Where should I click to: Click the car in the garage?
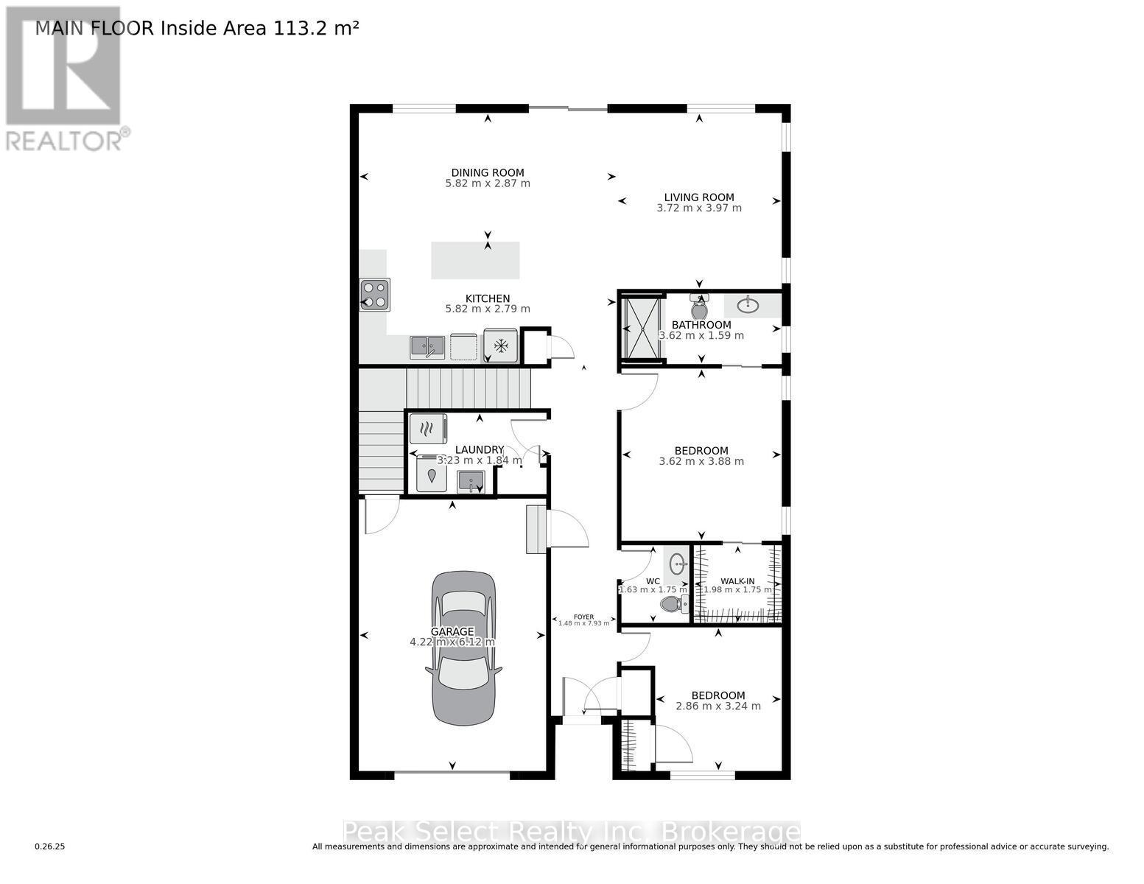463,648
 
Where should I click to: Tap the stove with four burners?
374,295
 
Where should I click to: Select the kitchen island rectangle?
475,260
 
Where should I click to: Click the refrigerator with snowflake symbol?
501,345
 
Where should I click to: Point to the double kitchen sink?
427,346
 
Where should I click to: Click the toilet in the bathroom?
699,307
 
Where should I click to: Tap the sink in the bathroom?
748,304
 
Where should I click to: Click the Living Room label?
699,197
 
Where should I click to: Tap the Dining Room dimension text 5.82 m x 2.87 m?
488,183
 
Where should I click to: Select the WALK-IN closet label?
737,581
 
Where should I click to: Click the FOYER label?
583,617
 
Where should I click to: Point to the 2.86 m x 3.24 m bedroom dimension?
718,706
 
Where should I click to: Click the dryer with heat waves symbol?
427,428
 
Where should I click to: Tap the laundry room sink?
470,483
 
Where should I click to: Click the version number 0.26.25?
50,847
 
